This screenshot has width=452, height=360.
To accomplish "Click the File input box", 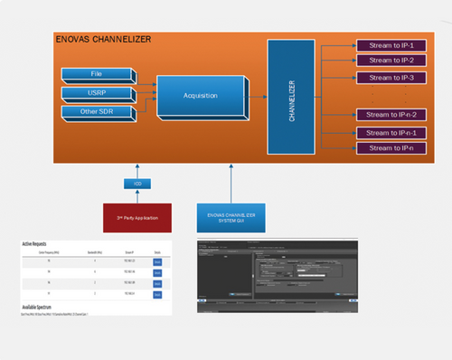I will coord(96,73).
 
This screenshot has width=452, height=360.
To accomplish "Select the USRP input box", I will coord(96,92).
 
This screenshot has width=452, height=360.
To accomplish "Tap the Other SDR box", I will coord(96,110).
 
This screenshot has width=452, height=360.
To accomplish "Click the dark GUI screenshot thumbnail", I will coord(278,275).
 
